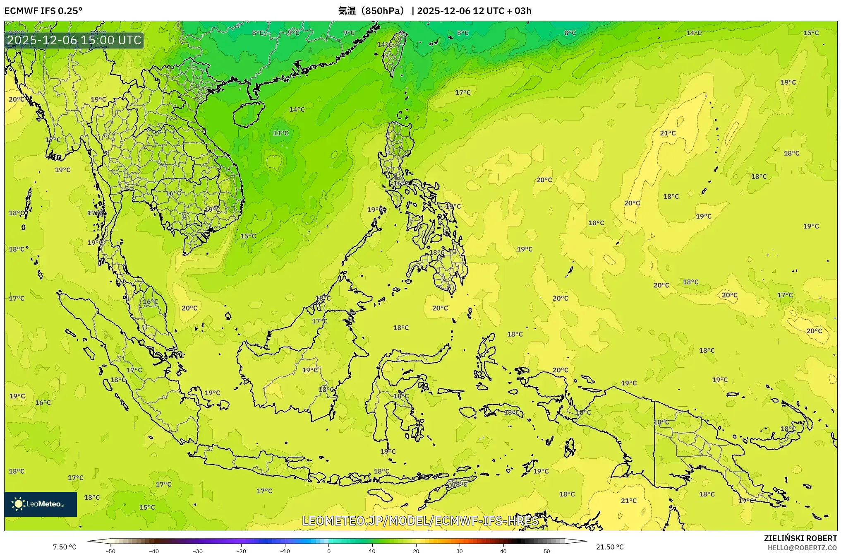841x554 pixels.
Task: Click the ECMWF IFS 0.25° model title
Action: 43,11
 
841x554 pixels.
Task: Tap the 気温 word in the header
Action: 347,11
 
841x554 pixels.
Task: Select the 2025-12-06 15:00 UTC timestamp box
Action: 74,40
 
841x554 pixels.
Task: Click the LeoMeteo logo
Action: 41,504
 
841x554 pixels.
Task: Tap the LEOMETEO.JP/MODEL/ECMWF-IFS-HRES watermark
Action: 420,521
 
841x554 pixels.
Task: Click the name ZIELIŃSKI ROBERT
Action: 800,538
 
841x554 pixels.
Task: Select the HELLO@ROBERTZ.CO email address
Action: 802,548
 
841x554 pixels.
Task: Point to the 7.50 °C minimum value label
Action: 65,547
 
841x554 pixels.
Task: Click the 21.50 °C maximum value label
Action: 609,547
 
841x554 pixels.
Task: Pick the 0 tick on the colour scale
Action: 329,551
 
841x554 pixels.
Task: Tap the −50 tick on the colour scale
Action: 110,551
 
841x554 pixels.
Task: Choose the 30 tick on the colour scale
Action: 460,551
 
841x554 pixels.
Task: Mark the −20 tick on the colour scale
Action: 241,551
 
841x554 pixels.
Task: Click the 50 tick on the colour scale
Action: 547,551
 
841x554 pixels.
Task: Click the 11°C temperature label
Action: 280,133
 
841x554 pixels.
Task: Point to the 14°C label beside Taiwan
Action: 384,45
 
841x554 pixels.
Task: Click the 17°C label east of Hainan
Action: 462,93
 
